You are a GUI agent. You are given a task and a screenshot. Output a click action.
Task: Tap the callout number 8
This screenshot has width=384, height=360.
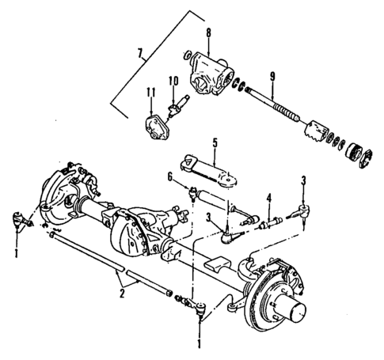tap(207, 34)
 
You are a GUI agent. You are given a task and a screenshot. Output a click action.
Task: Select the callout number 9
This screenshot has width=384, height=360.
tap(272, 76)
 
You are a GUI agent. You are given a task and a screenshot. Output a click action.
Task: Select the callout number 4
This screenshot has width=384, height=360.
tap(268, 198)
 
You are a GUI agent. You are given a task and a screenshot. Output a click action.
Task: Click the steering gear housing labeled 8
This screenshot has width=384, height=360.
tap(210, 74)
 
